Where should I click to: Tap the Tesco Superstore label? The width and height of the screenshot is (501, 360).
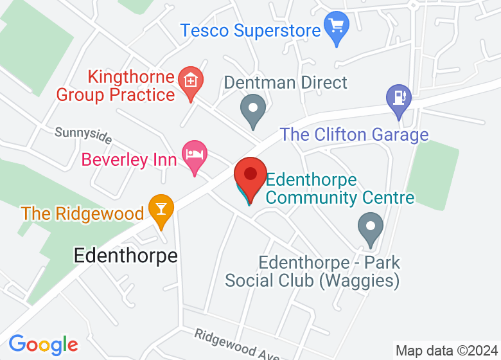pyautogui.click(x=250, y=30)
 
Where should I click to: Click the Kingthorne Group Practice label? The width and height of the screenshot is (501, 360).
pyautogui.click(x=116, y=86)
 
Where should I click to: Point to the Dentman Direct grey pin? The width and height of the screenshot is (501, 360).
pyautogui.click(x=252, y=109)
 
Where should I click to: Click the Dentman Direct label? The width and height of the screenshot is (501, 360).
pyautogui.click(x=285, y=82)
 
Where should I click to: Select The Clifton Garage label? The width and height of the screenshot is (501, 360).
pyautogui.click(x=354, y=135)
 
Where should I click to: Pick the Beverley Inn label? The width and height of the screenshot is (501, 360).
pyautogui.click(x=128, y=159)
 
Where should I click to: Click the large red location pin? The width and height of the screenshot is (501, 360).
pyautogui.click(x=250, y=177)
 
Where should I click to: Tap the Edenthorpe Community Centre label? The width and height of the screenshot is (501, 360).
pyautogui.click(x=340, y=188)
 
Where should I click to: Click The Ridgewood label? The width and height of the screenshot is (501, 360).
pyautogui.click(x=82, y=213)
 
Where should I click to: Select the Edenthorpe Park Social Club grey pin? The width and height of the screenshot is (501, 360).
pyautogui.click(x=370, y=229)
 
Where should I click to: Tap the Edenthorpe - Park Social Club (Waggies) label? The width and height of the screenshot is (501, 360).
pyautogui.click(x=313, y=272)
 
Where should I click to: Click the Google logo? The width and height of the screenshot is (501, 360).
pyautogui.click(x=43, y=345)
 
